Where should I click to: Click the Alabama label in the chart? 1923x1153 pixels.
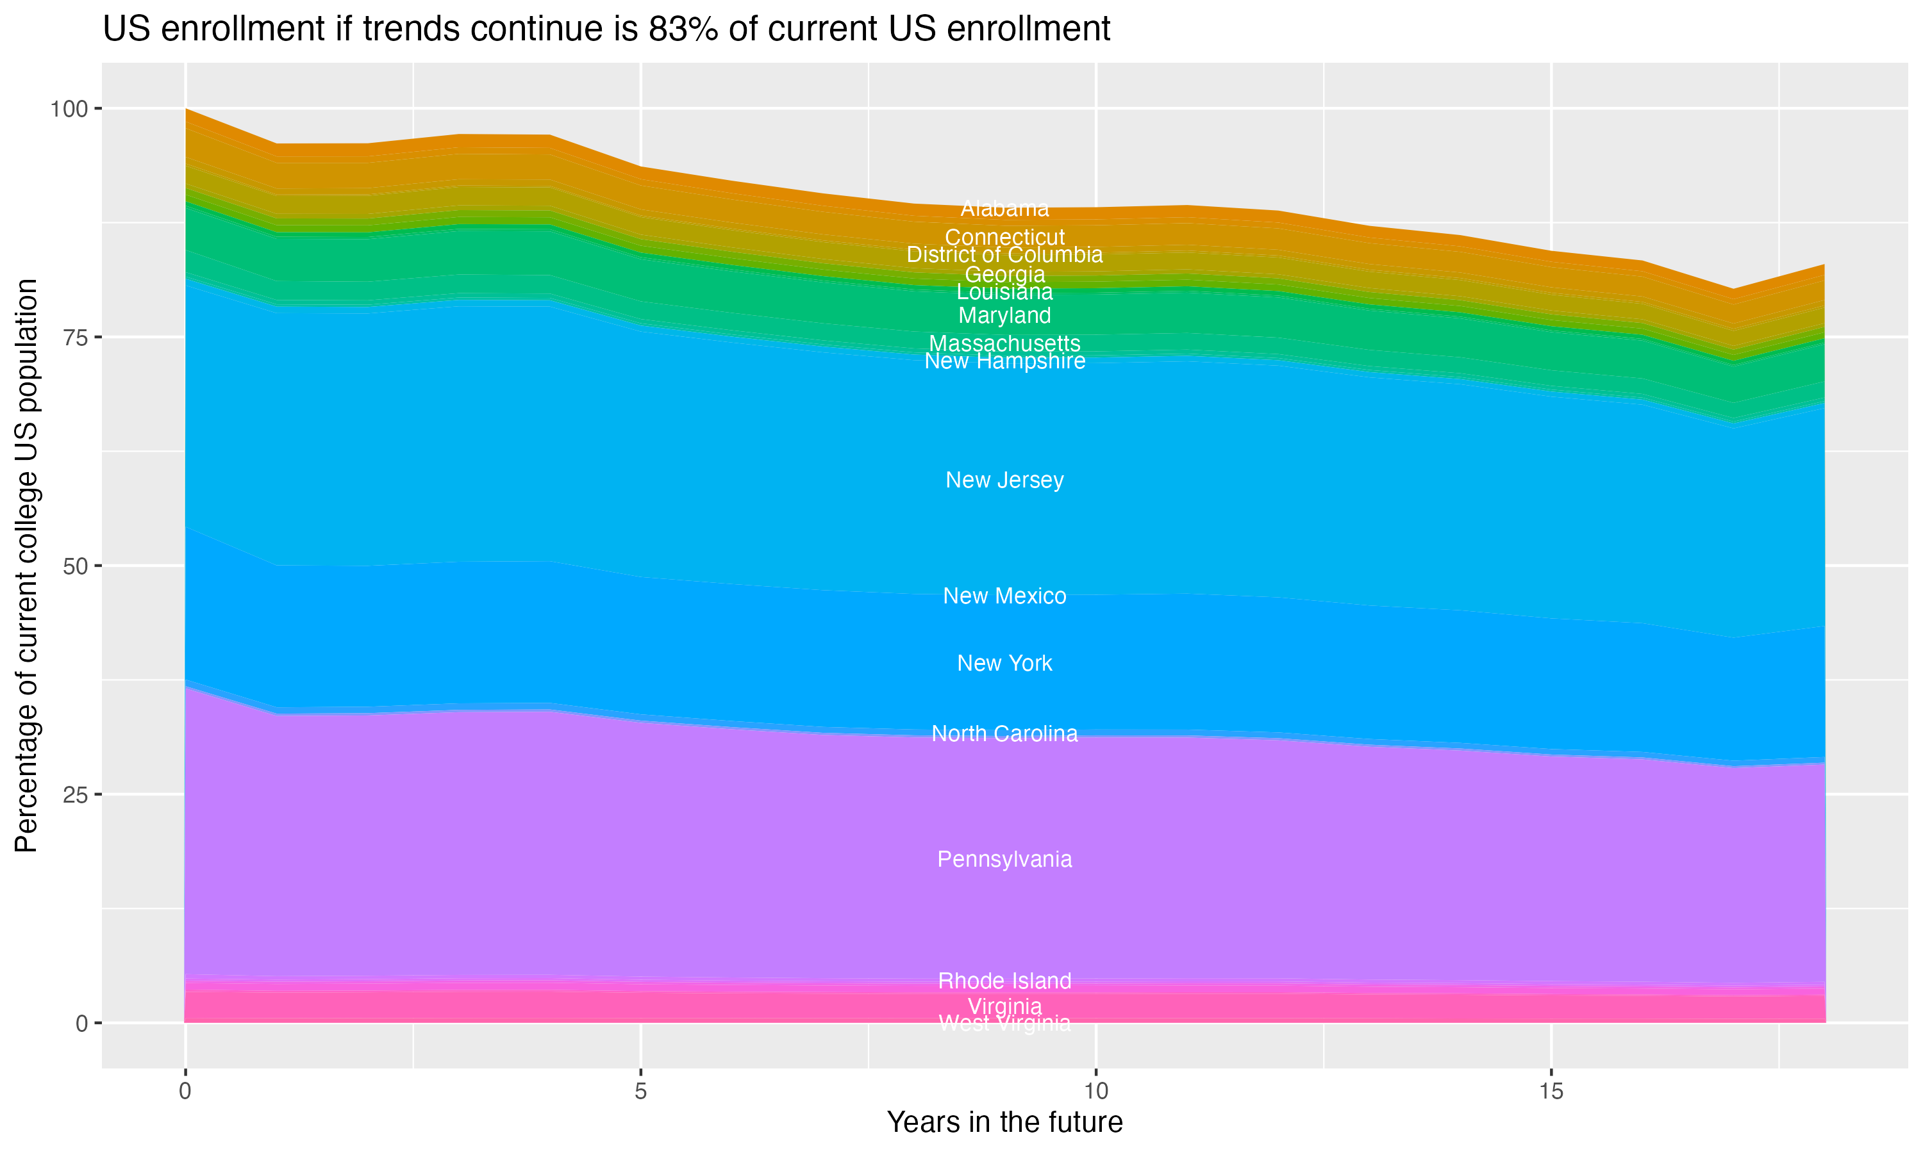point(1004,208)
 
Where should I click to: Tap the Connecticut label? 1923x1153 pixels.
point(1004,237)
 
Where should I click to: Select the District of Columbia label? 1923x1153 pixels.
point(1004,255)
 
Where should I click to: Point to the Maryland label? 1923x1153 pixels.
point(1004,315)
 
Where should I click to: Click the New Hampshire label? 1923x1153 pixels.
point(1004,361)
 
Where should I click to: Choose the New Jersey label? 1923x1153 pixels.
point(1004,480)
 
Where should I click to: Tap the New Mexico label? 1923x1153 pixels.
point(1004,596)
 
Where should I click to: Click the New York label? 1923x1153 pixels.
point(1004,663)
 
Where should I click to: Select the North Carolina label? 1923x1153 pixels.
point(1004,733)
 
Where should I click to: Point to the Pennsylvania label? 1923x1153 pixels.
point(1004,860)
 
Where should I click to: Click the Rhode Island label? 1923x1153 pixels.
point(1004,981)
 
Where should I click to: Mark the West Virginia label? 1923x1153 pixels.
point(1004,1024)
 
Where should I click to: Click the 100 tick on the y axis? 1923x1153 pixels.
point(69,109)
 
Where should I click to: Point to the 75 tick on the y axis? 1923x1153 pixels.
point(74,337)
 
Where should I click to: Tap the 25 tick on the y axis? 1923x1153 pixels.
point(74,795)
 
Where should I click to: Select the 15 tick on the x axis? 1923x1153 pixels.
point(1551,1092)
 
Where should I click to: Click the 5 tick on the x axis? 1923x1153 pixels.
point(640,1092)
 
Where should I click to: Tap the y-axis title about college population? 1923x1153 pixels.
point(26,566)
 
